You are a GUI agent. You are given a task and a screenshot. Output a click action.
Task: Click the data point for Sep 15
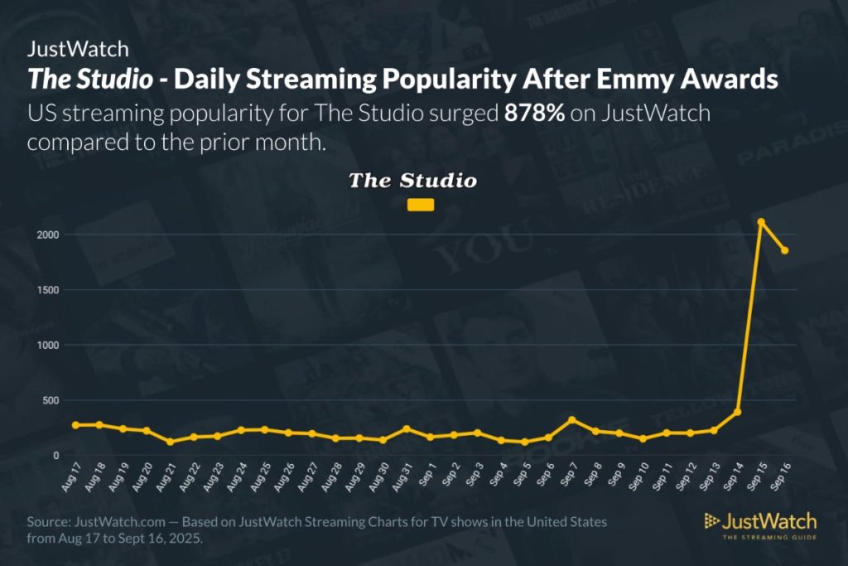(760, 222)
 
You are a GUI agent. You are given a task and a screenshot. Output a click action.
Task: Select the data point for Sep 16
(784, 250)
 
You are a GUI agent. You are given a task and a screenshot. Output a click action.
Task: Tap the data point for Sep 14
(737, 412)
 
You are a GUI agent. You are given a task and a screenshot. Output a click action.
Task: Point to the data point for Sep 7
(571, 420)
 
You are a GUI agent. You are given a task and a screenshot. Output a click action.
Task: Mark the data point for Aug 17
(75, 425)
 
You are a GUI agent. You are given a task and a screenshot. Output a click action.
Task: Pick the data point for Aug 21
(170, 442)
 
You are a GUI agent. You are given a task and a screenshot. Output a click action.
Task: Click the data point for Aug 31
(407, 429)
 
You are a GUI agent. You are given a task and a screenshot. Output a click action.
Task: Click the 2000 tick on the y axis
(47, 235)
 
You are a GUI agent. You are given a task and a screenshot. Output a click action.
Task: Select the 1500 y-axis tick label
(47, 290)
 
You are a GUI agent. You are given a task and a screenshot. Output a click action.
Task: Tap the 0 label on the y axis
(55, 456)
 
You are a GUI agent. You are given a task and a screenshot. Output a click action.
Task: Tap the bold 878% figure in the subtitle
(534, 113)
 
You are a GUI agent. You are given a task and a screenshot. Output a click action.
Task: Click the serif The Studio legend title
(412, 180)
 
